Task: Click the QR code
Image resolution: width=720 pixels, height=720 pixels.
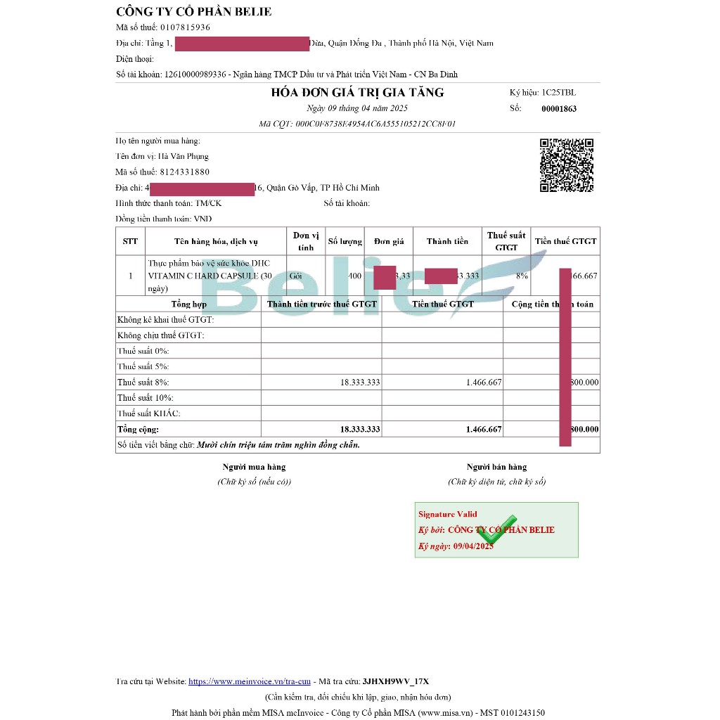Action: pos(567,165)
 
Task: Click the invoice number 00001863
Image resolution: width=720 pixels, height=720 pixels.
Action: pos(559,109)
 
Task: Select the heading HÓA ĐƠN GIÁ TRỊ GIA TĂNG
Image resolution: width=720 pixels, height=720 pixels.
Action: pos(357,93)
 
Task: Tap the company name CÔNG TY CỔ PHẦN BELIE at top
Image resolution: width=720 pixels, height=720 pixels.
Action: pos(193,12)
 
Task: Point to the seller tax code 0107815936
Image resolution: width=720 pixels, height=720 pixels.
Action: pos(185,27)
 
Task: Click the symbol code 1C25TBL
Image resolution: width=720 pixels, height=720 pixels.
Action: pos(558,93)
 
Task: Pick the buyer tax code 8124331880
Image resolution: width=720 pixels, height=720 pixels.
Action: pos(184,172)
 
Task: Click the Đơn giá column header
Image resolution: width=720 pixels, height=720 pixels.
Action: pos(389,241)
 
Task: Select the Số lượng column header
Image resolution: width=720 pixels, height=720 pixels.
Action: pos(345,241)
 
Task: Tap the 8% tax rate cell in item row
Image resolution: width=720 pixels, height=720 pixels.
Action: pos(522,276)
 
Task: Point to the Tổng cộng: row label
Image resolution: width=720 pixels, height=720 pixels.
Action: pos(139,429)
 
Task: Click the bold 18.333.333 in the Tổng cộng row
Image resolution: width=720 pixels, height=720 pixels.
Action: pos(360,429)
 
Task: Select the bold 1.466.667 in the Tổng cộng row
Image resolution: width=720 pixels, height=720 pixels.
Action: pos(484,429)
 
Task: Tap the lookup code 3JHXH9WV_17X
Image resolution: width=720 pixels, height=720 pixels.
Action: pos(395,681)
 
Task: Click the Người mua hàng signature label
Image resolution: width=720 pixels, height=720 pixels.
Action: pos(254,467)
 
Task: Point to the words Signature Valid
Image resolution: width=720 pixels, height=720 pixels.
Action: pos(447,514)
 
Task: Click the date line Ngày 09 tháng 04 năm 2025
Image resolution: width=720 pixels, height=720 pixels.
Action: pos(357,108)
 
